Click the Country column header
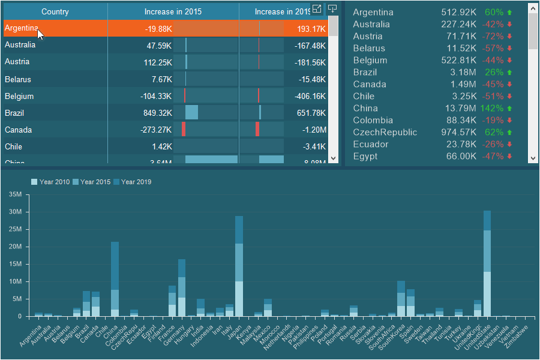55,11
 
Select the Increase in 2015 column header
173,11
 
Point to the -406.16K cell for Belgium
310,96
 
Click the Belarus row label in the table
17,79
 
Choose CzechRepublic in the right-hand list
385,132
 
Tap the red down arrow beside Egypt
509,156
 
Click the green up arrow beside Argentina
509,12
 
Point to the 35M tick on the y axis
16,194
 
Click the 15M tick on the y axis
16,264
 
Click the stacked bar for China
115,279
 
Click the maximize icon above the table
317,9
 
